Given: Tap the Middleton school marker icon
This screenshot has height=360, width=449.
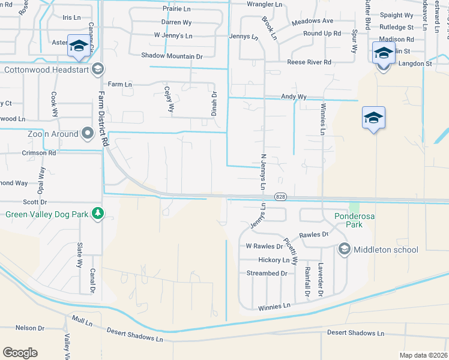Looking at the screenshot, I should coord(344,248).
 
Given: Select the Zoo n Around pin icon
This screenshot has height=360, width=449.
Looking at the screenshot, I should coord(88,133).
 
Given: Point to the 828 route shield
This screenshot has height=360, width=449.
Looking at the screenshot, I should coord(280,197).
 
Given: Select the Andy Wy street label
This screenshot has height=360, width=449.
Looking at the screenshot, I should coord(294,97).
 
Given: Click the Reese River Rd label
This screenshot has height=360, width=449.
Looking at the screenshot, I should coord(309,62).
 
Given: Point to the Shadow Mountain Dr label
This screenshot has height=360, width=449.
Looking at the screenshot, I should coord(172,56).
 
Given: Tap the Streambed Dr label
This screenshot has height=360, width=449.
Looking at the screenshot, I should coord(267,273).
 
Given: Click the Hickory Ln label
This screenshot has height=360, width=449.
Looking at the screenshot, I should coord(273,260).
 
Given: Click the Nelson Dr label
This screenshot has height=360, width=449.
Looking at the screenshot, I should coord(30,328).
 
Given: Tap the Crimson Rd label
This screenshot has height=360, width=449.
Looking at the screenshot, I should coord(39,153).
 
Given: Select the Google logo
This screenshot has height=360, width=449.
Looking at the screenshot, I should coord(20,353).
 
